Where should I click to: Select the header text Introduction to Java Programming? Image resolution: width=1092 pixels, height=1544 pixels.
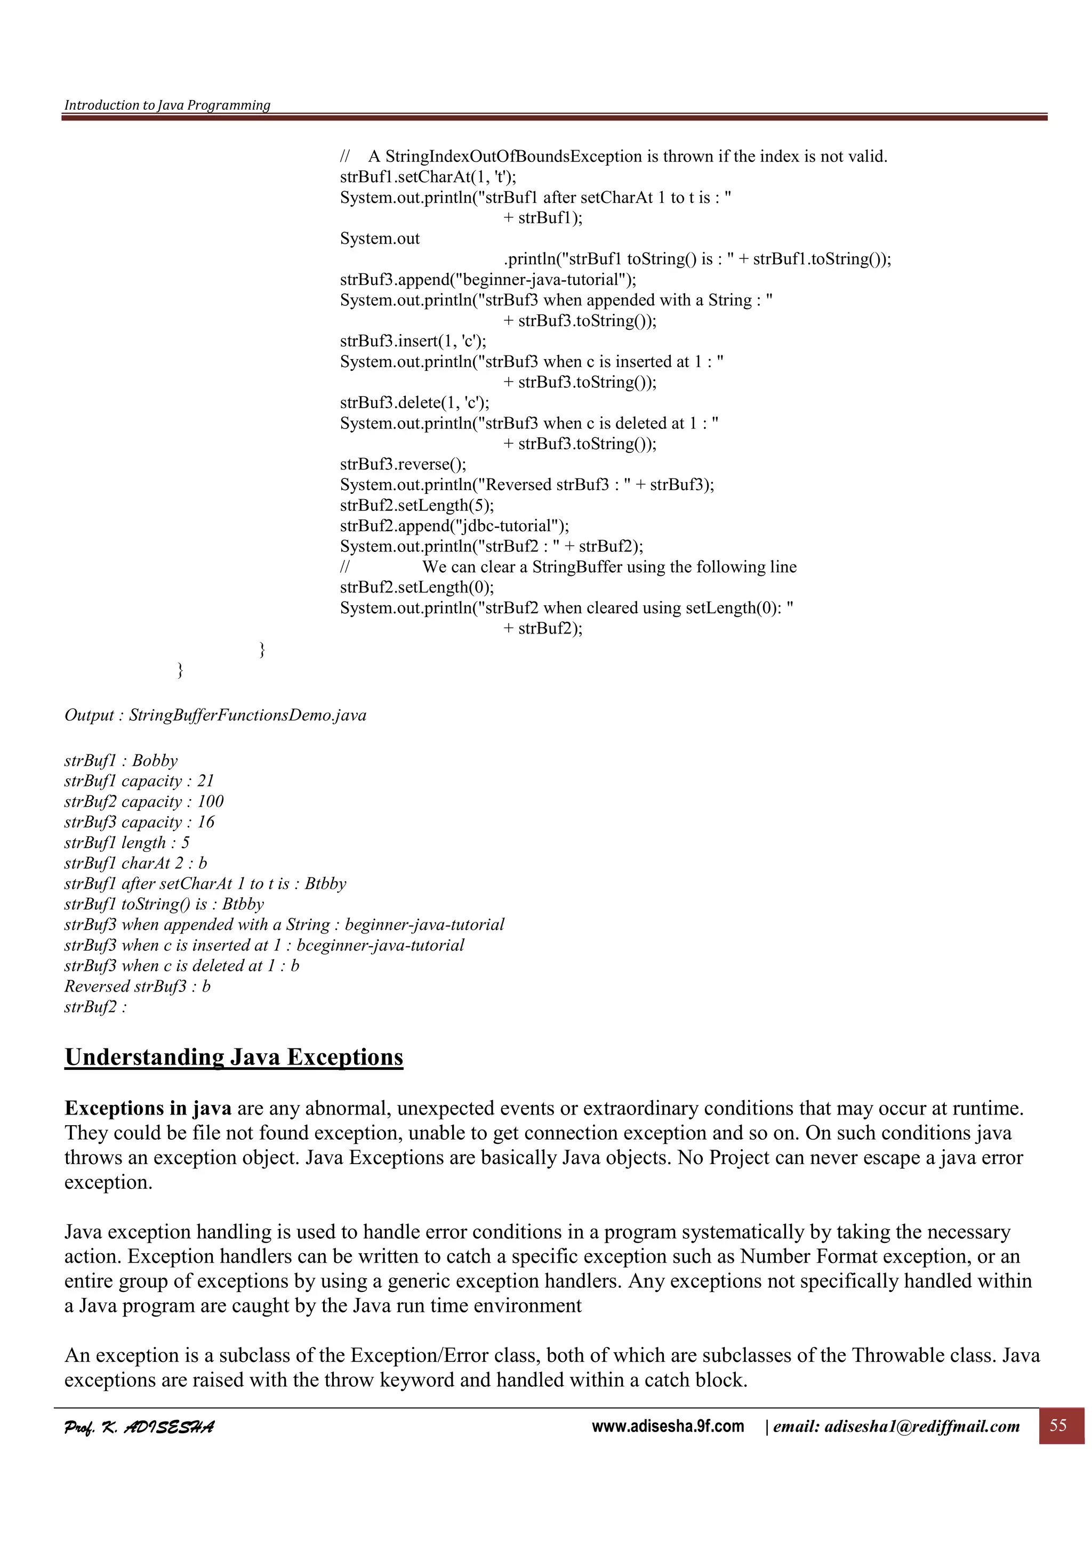coord(167,105)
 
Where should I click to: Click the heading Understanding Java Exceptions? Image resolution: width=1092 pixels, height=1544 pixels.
coord(234,1057)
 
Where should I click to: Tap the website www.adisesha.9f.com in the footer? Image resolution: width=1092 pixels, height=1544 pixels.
coord(668,1426)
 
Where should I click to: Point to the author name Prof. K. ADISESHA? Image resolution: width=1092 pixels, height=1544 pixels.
coord(139,1426)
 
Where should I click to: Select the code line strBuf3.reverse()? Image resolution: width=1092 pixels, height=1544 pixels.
coord(403,464)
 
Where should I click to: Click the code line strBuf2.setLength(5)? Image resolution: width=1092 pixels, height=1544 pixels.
coord(416,505)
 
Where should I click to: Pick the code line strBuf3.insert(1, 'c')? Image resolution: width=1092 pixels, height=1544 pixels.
coord(413,341)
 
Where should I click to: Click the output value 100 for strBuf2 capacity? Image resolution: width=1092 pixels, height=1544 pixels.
coord(210,802)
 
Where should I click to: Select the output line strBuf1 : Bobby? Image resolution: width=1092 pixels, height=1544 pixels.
coord(121,761)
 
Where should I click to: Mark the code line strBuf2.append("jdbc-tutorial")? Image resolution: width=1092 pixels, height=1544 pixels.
coord(454,526)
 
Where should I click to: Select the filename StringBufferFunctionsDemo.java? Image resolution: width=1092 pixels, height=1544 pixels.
coord(247,715)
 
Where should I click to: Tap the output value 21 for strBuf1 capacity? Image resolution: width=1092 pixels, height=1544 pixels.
coord(205,781)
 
